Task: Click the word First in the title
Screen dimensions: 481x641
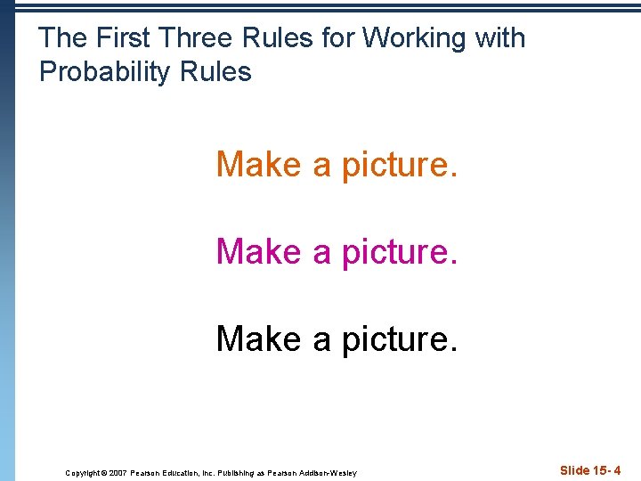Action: (x=125, y=38)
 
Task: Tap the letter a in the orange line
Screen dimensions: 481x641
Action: (x=321, y=167)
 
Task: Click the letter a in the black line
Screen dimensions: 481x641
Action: (x=321, y=341)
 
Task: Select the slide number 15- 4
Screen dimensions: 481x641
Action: (x=604, y=470)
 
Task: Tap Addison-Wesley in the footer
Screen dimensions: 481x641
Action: (x=329, y=473)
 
